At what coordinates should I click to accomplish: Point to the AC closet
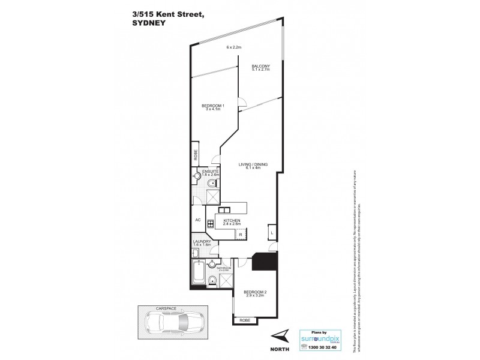197,220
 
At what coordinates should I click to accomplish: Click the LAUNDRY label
201,242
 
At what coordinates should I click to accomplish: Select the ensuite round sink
198,176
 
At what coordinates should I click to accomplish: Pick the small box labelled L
272,232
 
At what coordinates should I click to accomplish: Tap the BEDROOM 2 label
256,293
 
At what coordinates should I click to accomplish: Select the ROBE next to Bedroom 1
196,155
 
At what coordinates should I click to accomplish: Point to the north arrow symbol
280,337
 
